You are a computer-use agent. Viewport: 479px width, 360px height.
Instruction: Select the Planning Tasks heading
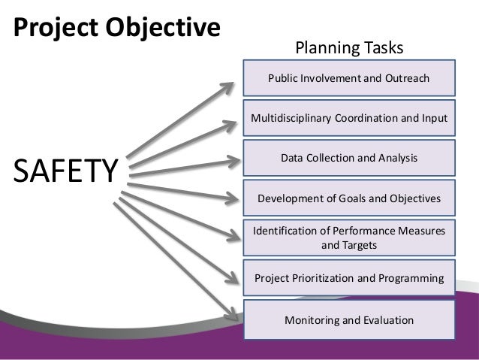[349, 49]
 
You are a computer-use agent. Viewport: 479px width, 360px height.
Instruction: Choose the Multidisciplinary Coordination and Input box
[349, 118]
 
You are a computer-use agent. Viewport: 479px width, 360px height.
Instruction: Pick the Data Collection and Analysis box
[349, 158]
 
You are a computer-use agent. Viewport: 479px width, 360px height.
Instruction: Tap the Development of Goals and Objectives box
[349, 198]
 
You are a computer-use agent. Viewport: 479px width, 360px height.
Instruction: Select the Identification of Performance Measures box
[349, 237]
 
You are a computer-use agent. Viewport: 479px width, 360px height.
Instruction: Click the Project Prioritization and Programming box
[349, 279]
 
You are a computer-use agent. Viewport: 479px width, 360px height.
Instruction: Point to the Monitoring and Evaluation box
[349, 319]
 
